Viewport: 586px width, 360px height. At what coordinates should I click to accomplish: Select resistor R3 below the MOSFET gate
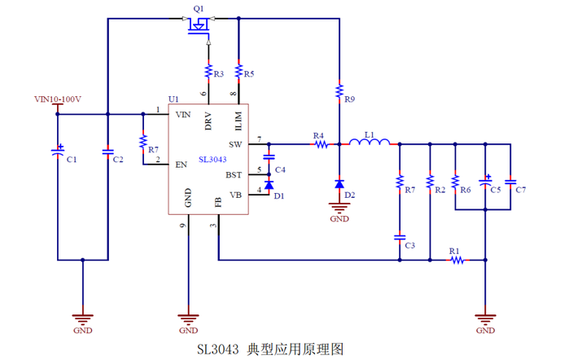click(x=208, y=72)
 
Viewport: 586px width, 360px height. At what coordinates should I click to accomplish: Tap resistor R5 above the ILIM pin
click(x=238, y=72)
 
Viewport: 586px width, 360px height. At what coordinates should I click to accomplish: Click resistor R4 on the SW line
click(x=320, y=144)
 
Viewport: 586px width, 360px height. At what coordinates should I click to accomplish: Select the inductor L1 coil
click(x=370, y=143)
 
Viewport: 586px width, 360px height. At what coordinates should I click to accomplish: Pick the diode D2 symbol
click(x=339, y=185)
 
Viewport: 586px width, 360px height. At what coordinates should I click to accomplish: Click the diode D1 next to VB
click(x=269, y=185)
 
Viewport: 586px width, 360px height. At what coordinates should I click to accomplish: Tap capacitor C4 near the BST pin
click(x=269, y=157)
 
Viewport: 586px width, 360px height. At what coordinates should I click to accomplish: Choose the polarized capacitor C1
click(x=58, y=151)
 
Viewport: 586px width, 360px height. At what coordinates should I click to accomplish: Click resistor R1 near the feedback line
click(x=457, y=260)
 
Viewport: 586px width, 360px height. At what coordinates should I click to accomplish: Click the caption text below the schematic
click(x=270, y=349)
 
